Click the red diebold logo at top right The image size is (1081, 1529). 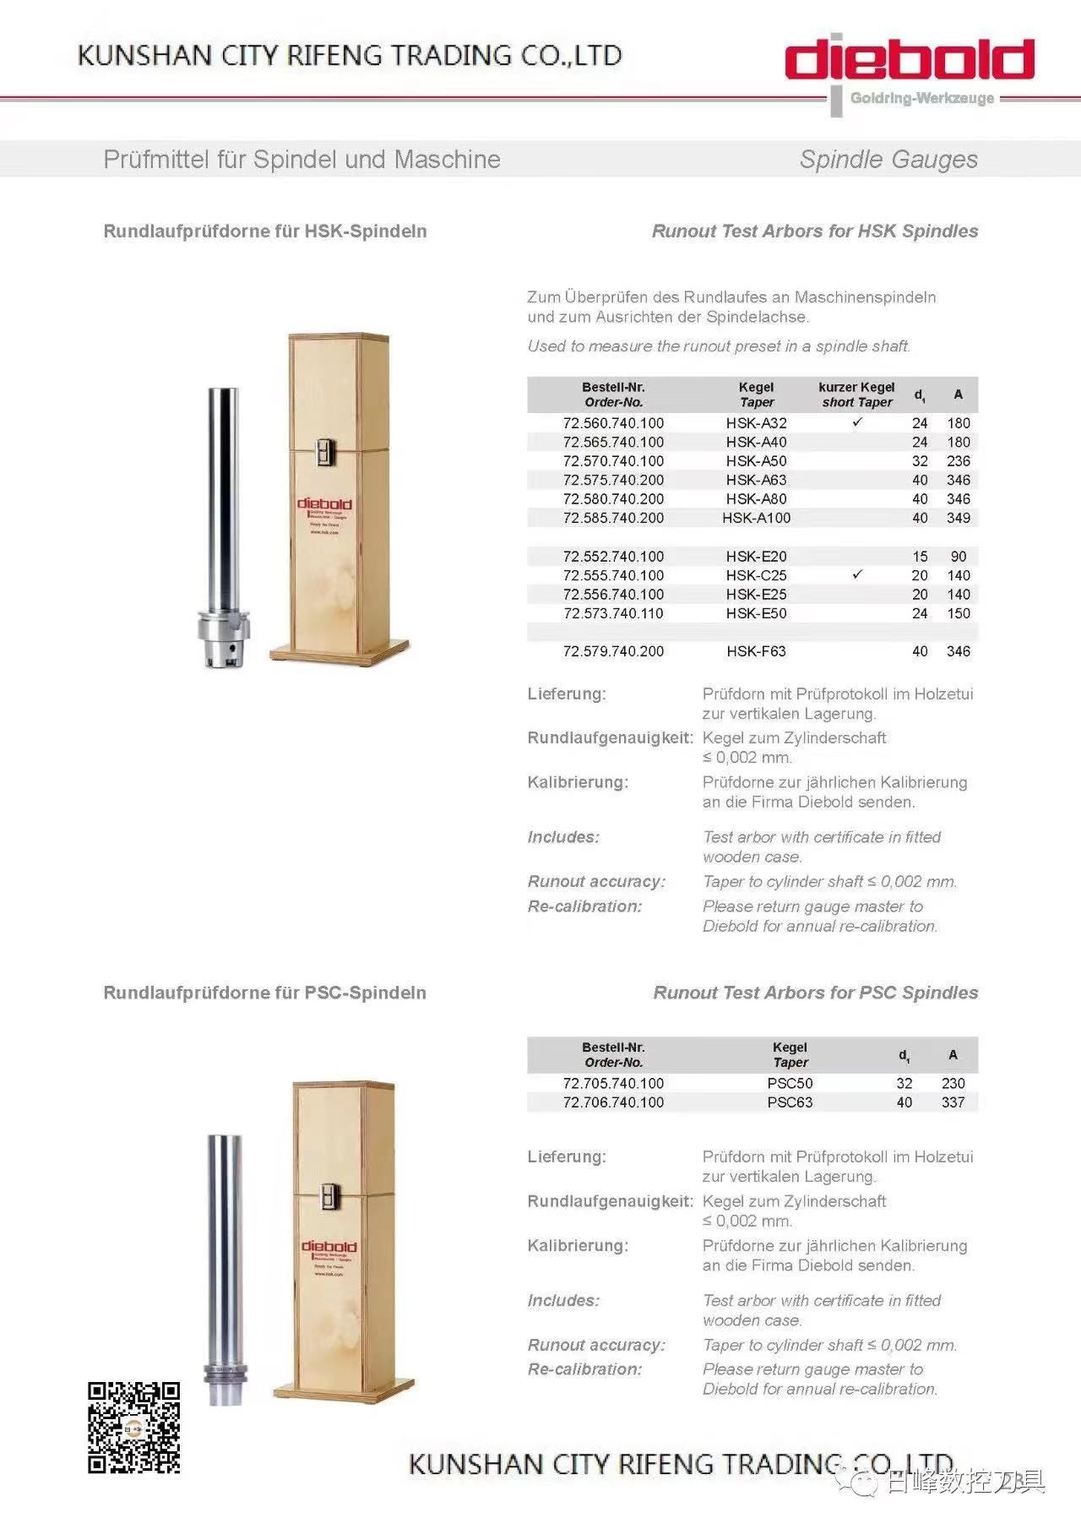click(x=910, y=60)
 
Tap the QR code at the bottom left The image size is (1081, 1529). click(x=134, y=1428)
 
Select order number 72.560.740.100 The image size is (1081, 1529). click(x=613, y=423)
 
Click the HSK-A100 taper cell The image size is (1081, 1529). click(x=756, y=518)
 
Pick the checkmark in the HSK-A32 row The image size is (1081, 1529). click(x=857, y=422)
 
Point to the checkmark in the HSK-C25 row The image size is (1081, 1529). click(x=857, y=574)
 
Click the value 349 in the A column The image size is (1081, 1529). click(x=958, y=518)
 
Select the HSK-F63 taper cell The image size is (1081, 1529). click(x=756, y=651)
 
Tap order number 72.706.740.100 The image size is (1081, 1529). click(x=613, y=1102)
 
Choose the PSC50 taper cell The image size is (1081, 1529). click(x=790, y=1083)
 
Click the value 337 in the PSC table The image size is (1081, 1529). click(x=953, y=1102)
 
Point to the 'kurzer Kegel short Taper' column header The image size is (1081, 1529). click(x=856, y=394)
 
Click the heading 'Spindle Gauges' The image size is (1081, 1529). click(x=888, y=160)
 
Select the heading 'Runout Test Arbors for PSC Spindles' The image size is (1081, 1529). click(x=815, y=993)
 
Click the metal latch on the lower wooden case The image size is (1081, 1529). click(x=330, y=1199)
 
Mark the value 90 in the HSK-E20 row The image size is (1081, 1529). click(x=958, y=557)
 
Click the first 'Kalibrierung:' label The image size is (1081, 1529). click(x=578, y=782)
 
